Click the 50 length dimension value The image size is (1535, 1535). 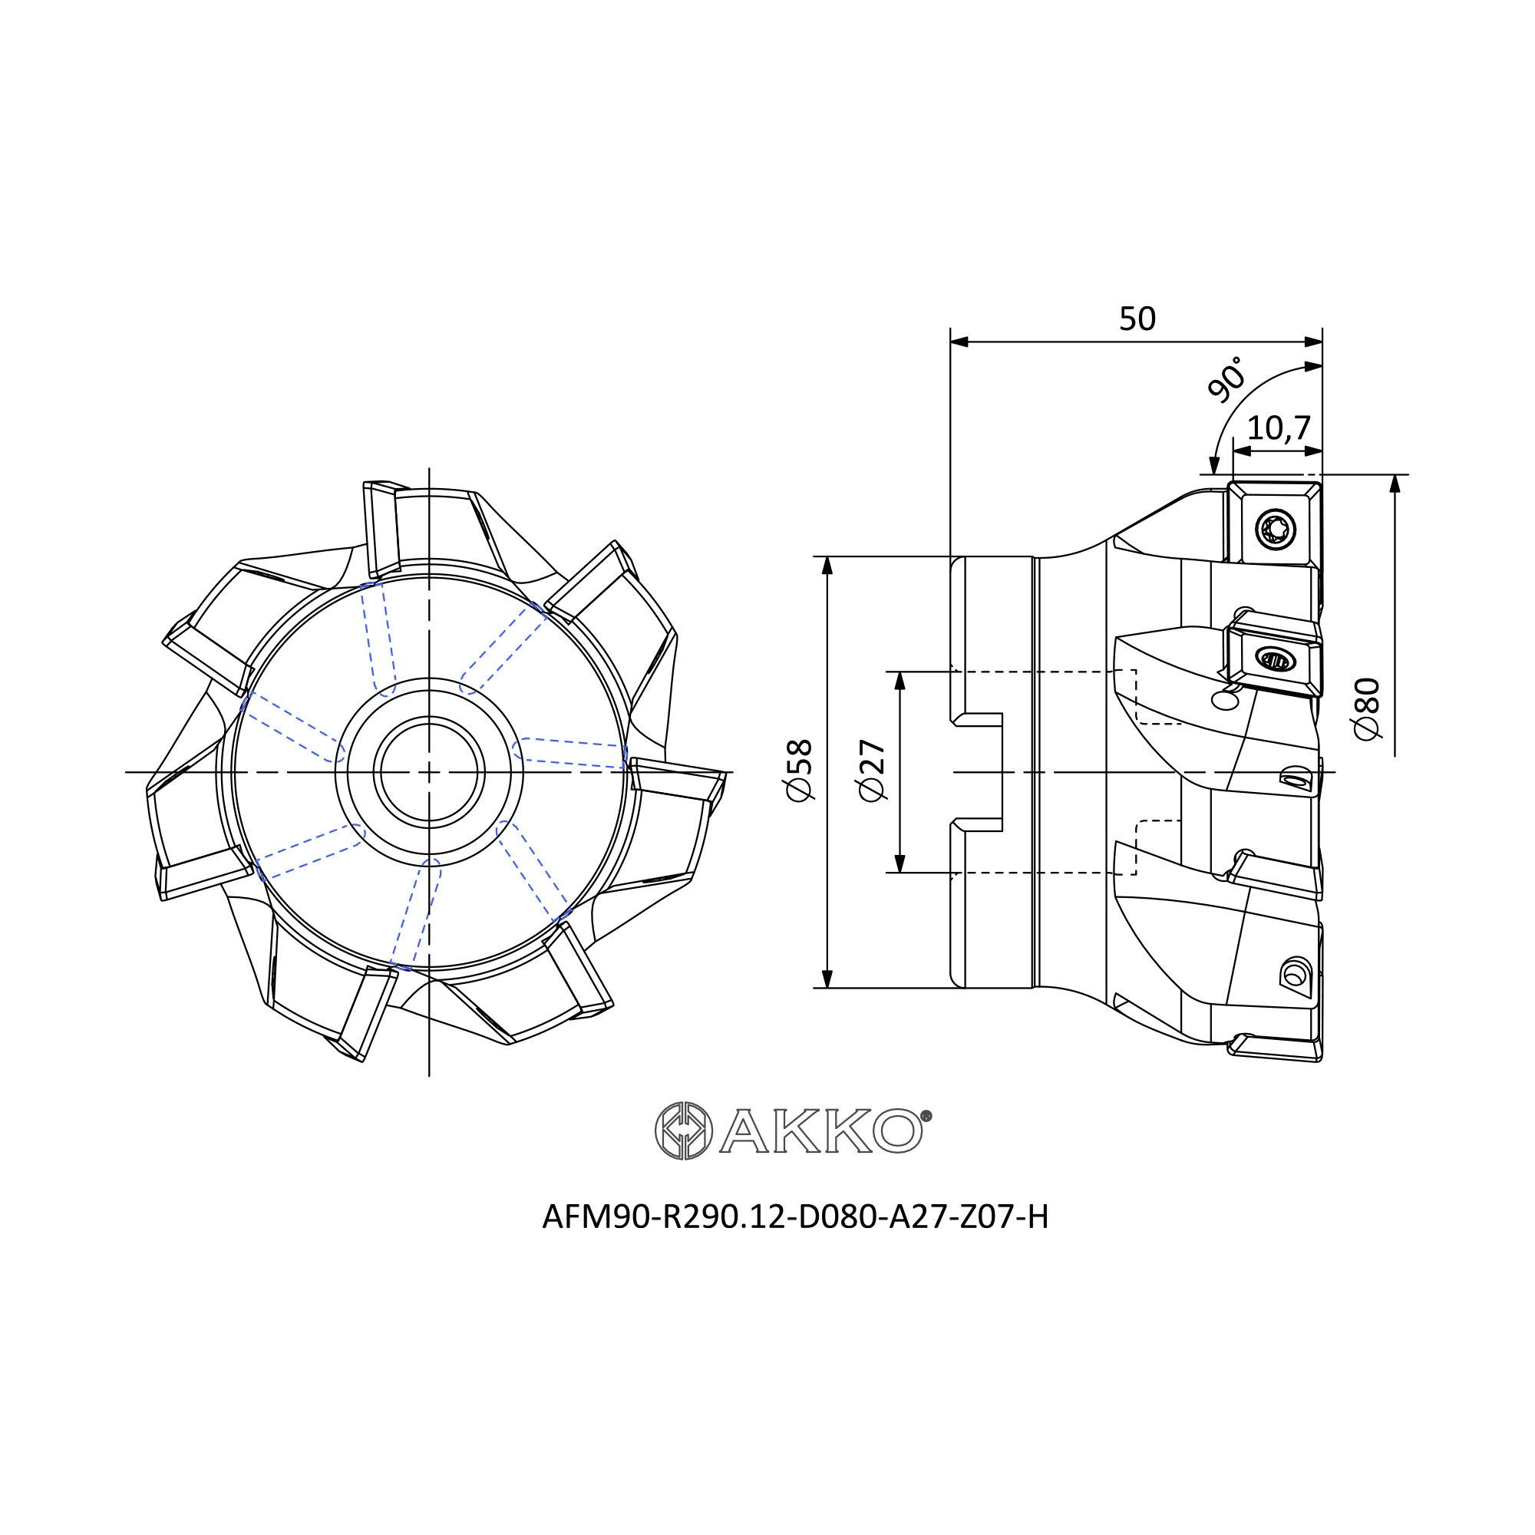1137,319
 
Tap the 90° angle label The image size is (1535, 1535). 1226,378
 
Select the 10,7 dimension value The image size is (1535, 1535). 1279,428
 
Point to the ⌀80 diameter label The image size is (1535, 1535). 1368,708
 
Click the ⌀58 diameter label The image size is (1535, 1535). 799,771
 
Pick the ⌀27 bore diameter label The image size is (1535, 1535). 873,771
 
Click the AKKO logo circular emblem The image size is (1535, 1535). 683,1131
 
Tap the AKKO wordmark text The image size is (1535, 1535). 821,1131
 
